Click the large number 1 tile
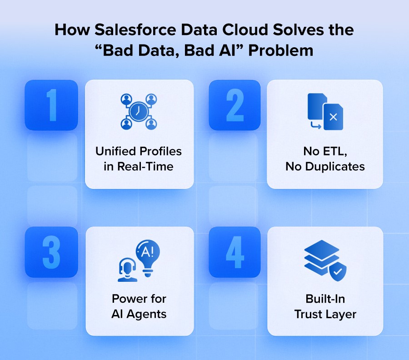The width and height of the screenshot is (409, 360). (x=51, y=105)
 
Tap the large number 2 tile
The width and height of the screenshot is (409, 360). (x=234, y=105)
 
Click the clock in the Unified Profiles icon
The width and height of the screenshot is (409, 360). (x=139, y=111)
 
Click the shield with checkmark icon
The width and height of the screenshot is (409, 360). (x=337, y=272)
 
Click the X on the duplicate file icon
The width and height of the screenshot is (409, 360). (x=333, y=117)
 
